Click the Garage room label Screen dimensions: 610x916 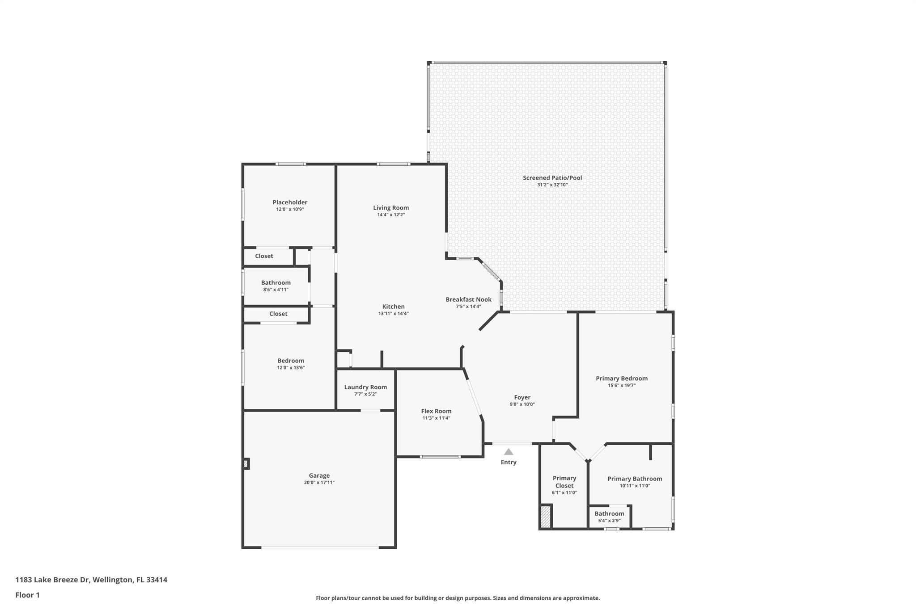pos(319,475)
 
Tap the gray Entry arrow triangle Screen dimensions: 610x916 pos(509,452)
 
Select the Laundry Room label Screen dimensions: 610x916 pos(365,387)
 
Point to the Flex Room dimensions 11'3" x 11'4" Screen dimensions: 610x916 pos(436,418)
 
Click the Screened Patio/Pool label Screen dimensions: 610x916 pos(552,178)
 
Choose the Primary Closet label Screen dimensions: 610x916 pos(564,482)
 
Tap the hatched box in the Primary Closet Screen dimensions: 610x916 pos(545,517)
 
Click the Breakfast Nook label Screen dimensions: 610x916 pos(468,299)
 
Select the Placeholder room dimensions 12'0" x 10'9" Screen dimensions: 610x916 pos(290,209)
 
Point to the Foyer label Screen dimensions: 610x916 pos(522,397)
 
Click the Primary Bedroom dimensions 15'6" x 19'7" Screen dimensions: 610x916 pos(622,385)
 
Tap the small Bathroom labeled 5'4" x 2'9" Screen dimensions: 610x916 pos(609,514)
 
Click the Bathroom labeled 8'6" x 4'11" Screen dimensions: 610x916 pos(276,283)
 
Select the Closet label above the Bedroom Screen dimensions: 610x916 pos(278,314)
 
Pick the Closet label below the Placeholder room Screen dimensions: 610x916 pos(264,256)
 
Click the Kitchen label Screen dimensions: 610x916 pos(393,307)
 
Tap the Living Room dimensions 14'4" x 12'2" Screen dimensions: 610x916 pos(391,215)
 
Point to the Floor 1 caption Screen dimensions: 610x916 pos(27,595)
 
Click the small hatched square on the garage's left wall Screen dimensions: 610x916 pos(246,463)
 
